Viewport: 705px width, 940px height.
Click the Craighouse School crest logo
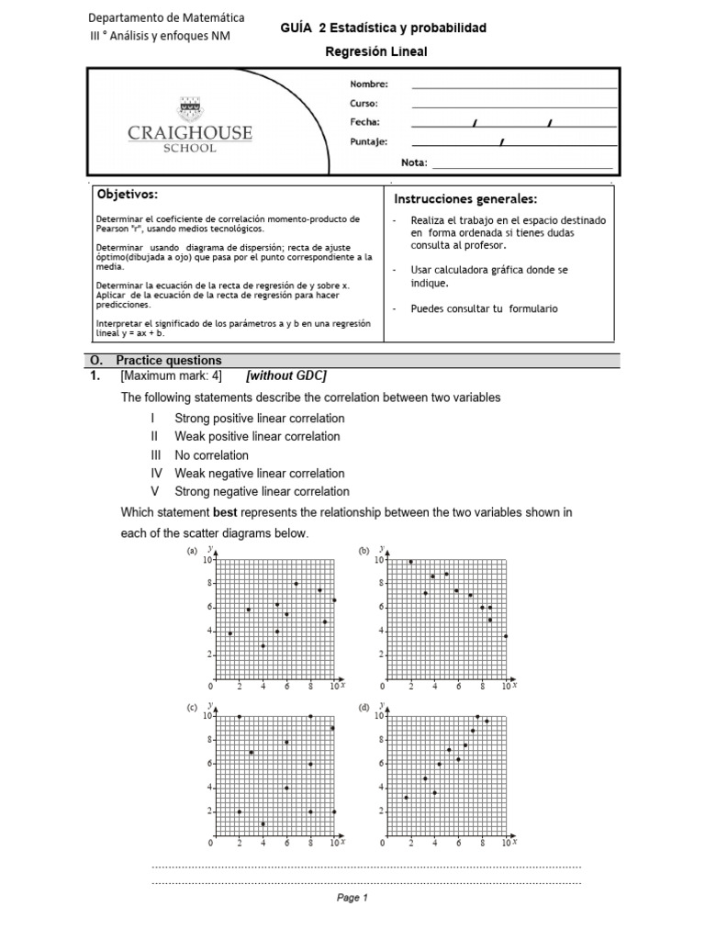pos(190,107)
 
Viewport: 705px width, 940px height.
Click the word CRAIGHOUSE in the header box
pos(190,134)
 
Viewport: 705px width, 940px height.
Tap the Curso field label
pos(364,104)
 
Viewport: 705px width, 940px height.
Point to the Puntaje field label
pos(369,142)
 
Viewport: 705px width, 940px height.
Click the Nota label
pos(414,162)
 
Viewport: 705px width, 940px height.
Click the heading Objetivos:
pos(127,196)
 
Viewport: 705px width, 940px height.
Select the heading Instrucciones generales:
pos(465,200)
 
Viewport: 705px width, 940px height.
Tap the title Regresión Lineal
pos(376,52)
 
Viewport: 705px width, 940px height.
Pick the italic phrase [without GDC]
pos(287,376)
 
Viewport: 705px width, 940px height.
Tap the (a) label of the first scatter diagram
pos(193,551)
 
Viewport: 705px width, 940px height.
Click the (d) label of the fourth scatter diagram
pos(364,708)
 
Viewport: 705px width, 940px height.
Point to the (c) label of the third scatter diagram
pos(193,708)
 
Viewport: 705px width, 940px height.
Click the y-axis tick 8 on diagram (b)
pos(379,583)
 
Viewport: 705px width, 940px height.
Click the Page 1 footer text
pos(352,899)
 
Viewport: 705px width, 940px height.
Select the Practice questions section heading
pos(169,361)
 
